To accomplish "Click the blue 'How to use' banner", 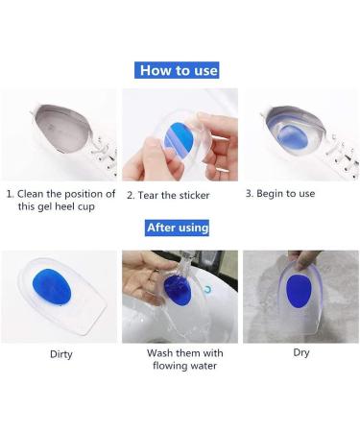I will pos(180,70).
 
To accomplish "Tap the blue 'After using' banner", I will pos(178,228).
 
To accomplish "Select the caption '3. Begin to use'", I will pos(280,193).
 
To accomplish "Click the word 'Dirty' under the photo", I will pos(60,353).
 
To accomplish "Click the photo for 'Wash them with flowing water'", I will pos(180,297).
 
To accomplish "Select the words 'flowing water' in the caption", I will pos(180,366).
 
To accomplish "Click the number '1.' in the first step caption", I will pos(11,194).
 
